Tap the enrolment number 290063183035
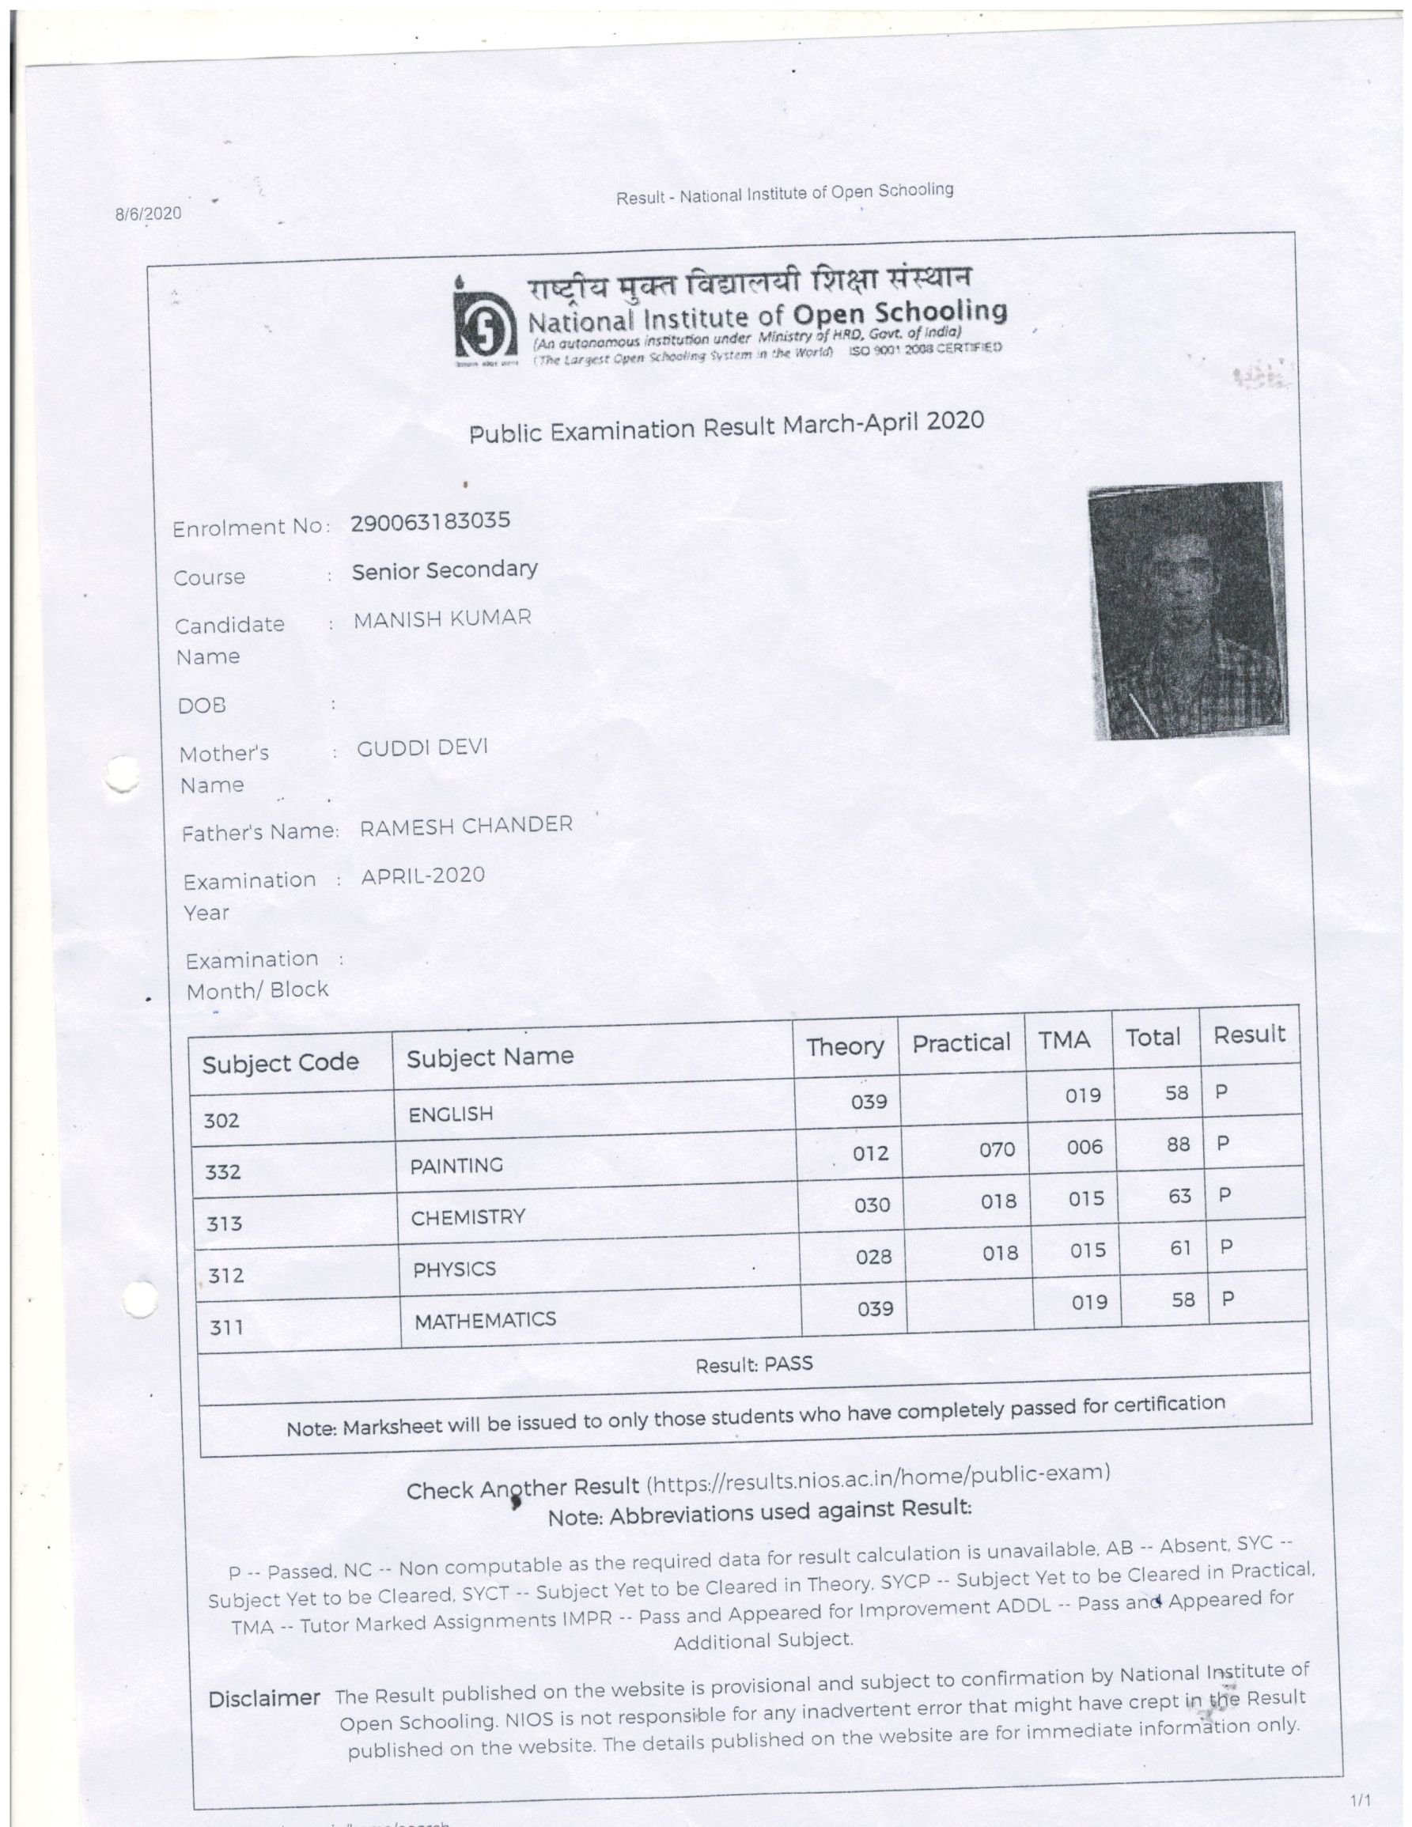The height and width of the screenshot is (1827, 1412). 430,522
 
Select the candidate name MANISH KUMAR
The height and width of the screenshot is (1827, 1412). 442,619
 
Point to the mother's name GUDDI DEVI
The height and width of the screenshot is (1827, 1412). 422,748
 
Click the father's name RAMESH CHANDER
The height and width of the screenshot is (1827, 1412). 466,826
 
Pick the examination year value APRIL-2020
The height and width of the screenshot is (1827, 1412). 422,876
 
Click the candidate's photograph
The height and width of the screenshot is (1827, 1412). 1187,611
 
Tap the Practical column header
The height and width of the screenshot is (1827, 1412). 961,1043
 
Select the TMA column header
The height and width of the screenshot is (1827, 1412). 1064,1041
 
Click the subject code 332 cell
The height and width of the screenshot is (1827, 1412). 223,1172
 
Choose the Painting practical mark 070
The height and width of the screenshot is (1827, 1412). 996,1150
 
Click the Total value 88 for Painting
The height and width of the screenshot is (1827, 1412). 1178,1144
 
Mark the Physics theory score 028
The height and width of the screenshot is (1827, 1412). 873,1257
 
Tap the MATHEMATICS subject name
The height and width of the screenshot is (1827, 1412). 485,1321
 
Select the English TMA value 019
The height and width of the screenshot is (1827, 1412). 1082,1095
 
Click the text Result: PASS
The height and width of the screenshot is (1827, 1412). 754,1364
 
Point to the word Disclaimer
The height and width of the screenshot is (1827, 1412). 263,1699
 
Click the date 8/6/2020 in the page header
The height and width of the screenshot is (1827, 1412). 148,213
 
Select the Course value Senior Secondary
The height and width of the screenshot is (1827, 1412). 445,570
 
